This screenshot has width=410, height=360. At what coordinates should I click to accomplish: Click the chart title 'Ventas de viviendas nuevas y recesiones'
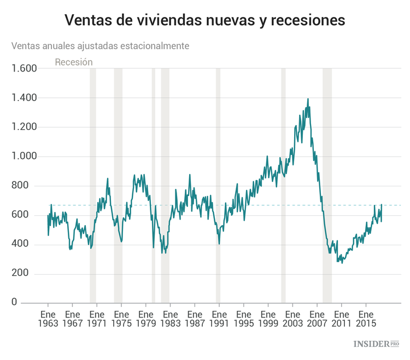205,20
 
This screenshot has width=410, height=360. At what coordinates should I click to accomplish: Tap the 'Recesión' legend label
74,62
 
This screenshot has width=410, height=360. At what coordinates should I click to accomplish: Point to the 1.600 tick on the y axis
24,69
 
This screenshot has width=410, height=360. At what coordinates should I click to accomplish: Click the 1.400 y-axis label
24,98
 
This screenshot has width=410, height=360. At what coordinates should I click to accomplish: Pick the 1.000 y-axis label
24,157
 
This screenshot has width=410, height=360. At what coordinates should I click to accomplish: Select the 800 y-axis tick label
27,186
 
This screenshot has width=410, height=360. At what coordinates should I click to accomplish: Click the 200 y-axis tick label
27,274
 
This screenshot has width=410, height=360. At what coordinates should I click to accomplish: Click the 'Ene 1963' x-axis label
48,319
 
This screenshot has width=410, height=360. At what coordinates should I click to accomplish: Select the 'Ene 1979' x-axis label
146,319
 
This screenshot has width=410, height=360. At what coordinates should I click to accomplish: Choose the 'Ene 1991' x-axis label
219,319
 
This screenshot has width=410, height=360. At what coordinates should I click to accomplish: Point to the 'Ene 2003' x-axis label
292,319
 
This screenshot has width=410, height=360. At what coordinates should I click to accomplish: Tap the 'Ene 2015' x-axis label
366,319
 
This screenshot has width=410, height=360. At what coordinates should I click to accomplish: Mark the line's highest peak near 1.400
308,99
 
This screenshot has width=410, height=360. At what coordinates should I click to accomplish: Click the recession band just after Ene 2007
327,186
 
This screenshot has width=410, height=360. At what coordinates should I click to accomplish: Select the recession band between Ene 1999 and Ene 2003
283,186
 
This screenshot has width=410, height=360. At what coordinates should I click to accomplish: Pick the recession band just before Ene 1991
218,186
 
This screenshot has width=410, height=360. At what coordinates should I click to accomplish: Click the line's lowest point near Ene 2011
343,263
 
